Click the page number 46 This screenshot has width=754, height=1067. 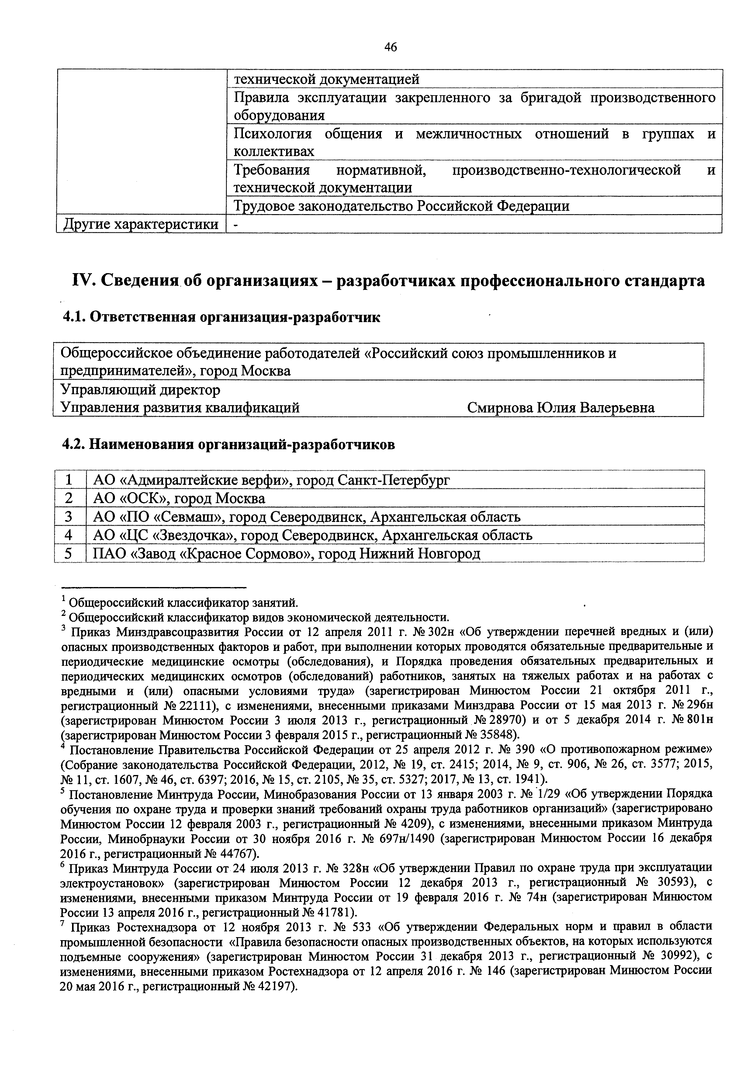point(391,47)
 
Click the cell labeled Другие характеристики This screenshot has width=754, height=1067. point(141,224)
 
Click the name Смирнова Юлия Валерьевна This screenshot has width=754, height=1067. point(561,408)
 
